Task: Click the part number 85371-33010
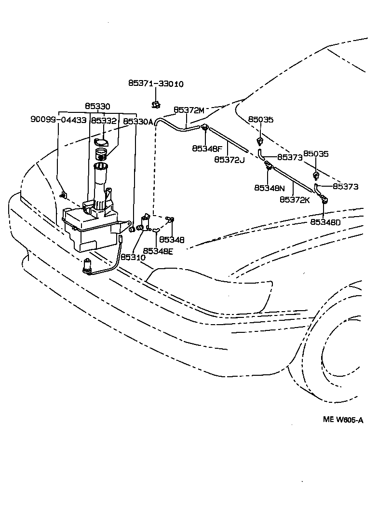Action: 156,84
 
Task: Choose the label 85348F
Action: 208,148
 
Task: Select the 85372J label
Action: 229,159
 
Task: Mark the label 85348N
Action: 270,188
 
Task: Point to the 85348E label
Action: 158,250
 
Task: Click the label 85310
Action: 133,257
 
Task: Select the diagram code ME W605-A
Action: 343,420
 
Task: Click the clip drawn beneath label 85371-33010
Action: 156,104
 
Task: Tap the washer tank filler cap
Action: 101,142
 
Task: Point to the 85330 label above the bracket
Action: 97,106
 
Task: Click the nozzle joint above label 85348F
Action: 205,128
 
